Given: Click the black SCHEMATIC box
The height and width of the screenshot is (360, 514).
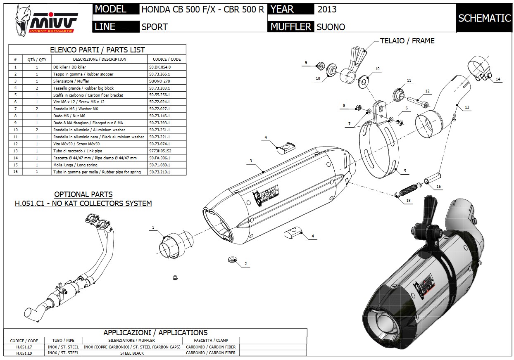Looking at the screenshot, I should click(x=484, y=18).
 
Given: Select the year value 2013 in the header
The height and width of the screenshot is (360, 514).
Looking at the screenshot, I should click(x=327, y=9).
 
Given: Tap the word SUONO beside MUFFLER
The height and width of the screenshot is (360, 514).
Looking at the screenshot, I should click(x=331, y=27).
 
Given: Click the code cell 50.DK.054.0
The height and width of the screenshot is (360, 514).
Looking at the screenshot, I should click(x=160, y=67).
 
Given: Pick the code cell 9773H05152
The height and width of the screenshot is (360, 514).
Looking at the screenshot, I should click(x=160, y=151).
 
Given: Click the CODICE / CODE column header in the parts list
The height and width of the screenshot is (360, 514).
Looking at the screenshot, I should click(x=167, y=59).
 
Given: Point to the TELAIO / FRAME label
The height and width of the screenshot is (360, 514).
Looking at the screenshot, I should click(x=407, y=40).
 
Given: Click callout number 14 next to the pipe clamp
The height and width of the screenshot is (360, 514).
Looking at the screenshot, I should click(x=498, y=79).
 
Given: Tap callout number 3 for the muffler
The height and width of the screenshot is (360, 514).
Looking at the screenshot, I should click(x=251, y=161).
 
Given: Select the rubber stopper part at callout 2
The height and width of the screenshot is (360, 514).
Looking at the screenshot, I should click(x=232, y=260).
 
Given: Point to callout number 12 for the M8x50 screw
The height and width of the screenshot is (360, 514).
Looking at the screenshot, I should click(x=427, y=91).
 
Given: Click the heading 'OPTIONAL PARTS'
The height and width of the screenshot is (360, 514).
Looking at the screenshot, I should click(x=83, y=194).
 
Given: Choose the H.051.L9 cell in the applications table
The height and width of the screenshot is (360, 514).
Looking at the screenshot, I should click(x=24, y=353).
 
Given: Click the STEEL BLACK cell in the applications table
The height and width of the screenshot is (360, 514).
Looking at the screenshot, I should click(x=132, y=353).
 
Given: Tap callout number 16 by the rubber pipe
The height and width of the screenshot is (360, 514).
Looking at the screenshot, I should click(x=438, y=187).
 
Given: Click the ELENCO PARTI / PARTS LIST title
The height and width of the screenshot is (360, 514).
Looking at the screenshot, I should click(x=98, y=50).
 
